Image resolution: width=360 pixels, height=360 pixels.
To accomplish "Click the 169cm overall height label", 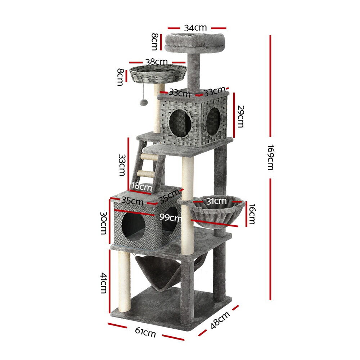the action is (x=271, y=157).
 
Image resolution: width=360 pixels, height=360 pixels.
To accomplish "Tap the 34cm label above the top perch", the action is (x=195, y=28).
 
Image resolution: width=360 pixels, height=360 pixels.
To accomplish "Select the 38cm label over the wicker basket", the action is (x=156, y=62).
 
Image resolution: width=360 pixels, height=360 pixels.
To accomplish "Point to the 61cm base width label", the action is (x=145, y=332).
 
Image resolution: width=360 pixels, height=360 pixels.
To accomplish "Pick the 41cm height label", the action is (x=104, y=283).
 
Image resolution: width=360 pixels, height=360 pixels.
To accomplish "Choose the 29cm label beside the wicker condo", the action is (x=240, y=116).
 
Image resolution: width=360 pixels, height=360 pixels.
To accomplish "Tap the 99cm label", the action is (x=170, y=217).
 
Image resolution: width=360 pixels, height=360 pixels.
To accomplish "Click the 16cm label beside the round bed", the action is (x=252, y=214).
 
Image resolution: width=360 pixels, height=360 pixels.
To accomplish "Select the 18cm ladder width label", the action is (x=141, y=186).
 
